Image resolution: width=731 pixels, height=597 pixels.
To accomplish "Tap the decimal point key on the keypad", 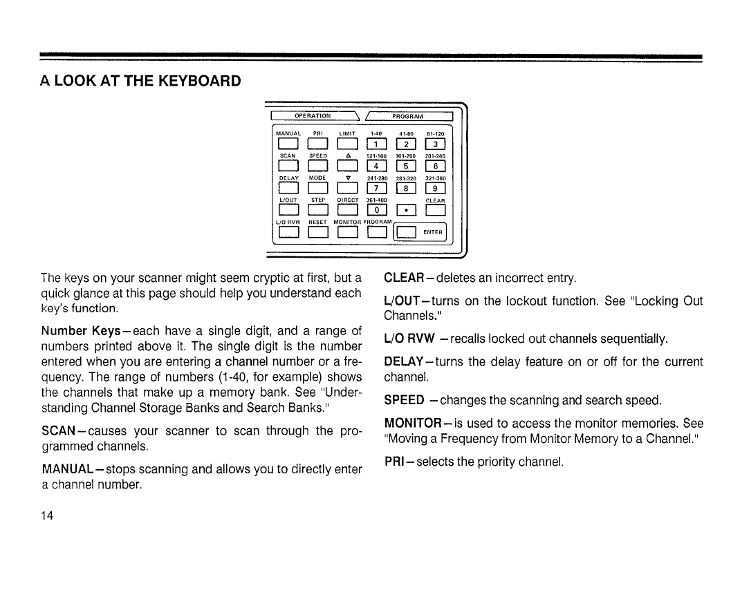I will click(x=406, y=211).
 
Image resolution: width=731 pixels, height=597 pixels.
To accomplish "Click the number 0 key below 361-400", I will click(x=376, y=211).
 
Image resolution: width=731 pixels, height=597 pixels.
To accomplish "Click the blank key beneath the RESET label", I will click(x=317, y=232).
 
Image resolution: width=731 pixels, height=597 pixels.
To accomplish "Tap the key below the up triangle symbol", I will click(x=347, y=167).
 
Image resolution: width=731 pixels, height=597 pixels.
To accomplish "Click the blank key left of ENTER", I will click(x=406, y=232).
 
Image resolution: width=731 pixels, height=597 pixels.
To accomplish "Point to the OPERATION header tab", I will click(x=313, y=115).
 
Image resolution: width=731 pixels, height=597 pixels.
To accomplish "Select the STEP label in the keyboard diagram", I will click(x=317, y=200).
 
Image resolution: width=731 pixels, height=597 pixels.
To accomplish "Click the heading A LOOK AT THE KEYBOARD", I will click(x=140, y=81).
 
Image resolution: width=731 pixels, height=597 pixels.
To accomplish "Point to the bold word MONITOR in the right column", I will click(x=413, y=422).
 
